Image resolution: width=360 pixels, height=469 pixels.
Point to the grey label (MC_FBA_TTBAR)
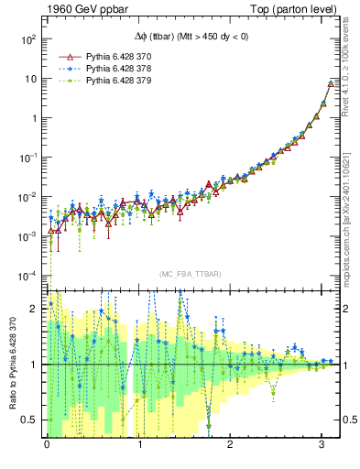click(x=190, y=275)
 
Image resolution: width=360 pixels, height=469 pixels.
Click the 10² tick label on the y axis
click(x=27, y=39)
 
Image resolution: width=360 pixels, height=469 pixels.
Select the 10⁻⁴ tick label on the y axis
click(x=27, y=276)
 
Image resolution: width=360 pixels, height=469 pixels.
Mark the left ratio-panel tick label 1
click(x=36, y=365)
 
